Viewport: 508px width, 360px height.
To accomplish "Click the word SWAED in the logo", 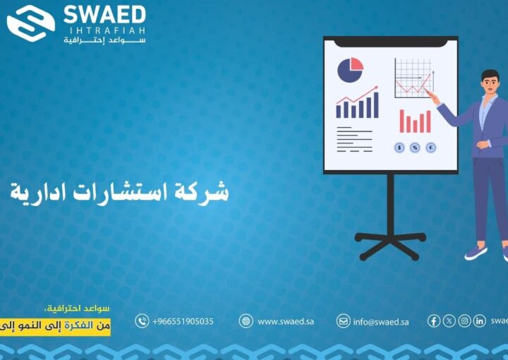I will point(104,16).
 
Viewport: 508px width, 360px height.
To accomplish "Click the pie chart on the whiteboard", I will point(350,70).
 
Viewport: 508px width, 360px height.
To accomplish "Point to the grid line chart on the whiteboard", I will point(413,78).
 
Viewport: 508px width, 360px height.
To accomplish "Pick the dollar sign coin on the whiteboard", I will point(399,148).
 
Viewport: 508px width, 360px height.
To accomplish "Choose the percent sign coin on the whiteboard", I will point(415,148).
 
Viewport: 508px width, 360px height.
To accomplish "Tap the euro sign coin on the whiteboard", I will point(430,148).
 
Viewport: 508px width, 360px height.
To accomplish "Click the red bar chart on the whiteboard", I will point(415,121).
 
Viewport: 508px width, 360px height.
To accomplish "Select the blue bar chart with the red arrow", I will point(357,104).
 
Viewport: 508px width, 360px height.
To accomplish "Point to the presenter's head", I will point(489,80).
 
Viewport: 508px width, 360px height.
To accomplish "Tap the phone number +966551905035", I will point(182,321).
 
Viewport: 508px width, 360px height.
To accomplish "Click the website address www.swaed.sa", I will point(285,321).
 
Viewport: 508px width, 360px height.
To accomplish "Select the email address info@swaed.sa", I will point(380,321).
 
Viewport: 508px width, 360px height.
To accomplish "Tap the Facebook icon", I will point(434,321).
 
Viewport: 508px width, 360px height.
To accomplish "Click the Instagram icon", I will point(464,321).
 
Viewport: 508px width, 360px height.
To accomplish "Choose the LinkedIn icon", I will point(479,321).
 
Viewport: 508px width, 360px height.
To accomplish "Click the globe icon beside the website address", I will point(246,321).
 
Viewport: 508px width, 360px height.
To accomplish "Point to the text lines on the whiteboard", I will point(354,139).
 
